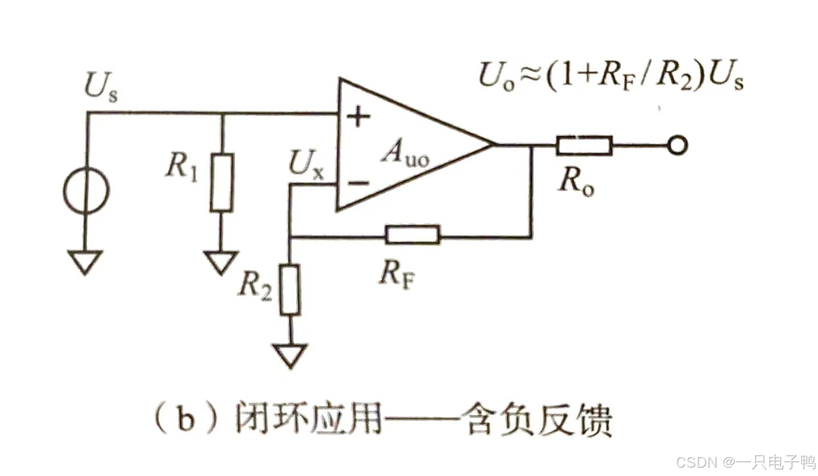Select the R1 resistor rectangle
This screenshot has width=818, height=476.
point(222,182)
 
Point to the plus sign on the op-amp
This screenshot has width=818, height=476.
point(358,118)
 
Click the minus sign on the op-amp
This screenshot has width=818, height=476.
point(357,182)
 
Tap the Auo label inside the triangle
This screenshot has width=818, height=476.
point(406,156)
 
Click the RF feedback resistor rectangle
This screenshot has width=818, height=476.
point(413,235)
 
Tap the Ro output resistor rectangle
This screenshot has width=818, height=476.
point(584,145)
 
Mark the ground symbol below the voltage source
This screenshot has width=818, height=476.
point(86,261)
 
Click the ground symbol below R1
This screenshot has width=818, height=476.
point(221,262)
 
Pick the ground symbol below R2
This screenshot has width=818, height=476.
point(290,355)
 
